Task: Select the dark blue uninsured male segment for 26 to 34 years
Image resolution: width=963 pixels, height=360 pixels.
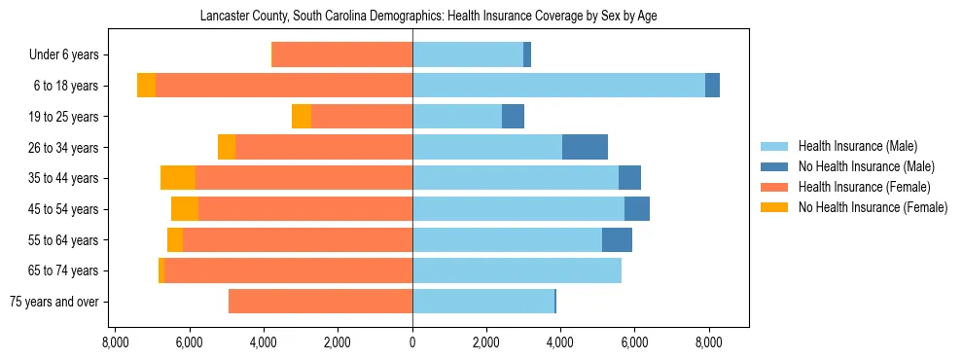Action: point(585,147)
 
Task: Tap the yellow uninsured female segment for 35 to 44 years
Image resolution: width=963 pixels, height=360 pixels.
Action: point(178,178)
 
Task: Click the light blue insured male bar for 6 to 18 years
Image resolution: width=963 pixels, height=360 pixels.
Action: point(558,86)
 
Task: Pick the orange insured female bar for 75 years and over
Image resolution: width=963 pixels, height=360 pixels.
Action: point(320,302)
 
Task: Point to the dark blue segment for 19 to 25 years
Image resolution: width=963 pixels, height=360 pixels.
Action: point(513,117)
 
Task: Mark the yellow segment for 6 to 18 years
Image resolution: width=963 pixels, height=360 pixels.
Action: point(146,86)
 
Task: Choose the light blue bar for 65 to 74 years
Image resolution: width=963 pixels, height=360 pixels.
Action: point(517,270)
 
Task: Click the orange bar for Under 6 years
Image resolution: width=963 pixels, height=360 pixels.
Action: point(341,54)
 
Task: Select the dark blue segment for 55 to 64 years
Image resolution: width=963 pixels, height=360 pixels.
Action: point(617,239)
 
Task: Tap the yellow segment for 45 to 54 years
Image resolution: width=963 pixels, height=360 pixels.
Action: point(185,209)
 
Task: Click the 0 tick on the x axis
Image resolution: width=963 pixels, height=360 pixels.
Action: point(412,342)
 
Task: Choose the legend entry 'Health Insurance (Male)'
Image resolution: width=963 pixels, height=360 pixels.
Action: point(857,146)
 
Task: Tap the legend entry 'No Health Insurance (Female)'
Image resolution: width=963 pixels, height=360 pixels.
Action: point(873,207)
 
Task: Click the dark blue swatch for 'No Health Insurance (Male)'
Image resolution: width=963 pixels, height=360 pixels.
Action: point(775,166)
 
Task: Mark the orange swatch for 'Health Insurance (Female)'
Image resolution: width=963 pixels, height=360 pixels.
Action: point(775,187)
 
